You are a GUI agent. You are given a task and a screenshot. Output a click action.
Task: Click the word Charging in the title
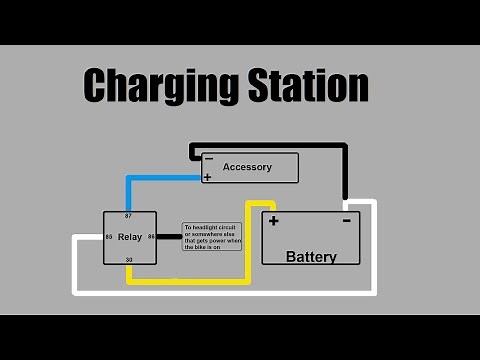[151, 86]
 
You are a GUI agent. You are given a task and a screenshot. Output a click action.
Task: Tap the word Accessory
[247, 167]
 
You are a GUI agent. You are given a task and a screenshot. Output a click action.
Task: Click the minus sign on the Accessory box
[208, 158]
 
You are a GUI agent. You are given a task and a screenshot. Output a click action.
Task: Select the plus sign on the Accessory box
[207, 177]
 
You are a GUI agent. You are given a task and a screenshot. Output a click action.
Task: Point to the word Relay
[130, 238]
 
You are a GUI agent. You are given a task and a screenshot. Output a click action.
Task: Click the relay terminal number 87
[128, 216]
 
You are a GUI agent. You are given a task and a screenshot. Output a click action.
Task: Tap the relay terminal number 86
[151, 237]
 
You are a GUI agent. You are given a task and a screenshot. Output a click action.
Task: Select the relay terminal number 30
[128, 260]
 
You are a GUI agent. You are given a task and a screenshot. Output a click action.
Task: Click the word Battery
[311, 256]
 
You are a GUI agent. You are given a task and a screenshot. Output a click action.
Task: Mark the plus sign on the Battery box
[273, 221]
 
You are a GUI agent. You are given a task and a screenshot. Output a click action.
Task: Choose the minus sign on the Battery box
[346, 220]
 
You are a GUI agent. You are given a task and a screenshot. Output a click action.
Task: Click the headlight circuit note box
[211, 237]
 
